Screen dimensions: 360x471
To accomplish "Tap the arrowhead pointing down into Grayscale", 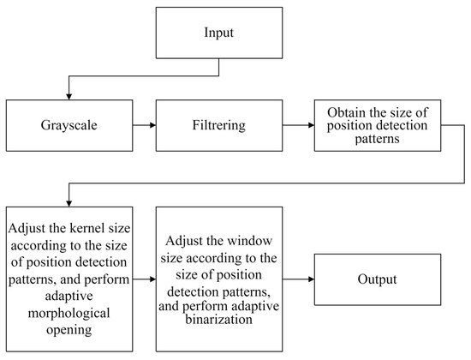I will tap(69, 95).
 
